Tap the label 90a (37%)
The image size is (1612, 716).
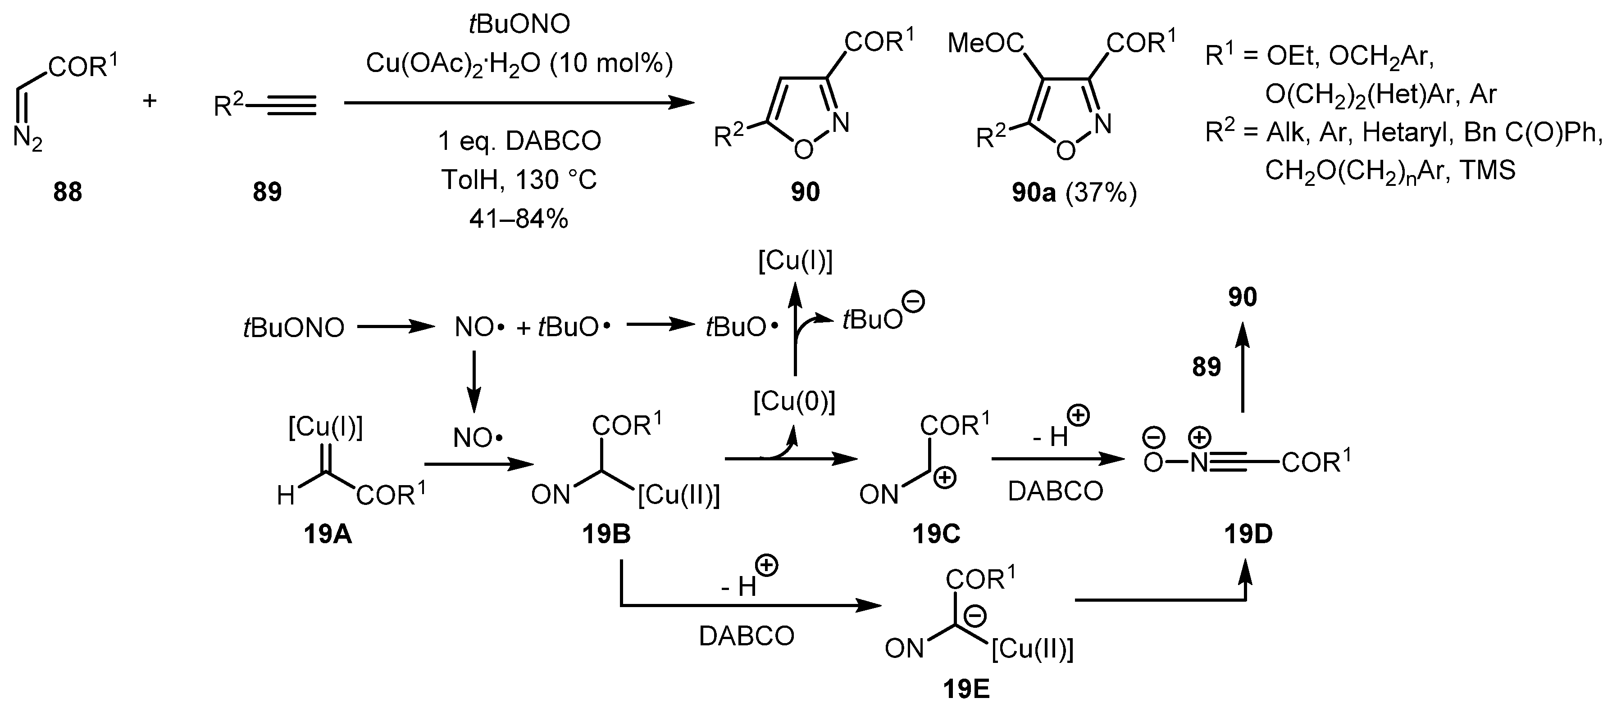point(1074,193)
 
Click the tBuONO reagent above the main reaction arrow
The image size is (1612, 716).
point(519,24)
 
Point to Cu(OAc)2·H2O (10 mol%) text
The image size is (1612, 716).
point(519,64)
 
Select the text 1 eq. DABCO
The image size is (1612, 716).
point(519,141)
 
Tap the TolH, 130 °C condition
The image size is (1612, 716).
point(519,180)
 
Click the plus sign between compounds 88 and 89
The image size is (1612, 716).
point(150,100)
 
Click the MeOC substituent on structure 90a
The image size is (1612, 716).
point(986,44)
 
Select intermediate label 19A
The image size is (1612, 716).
point(328,535)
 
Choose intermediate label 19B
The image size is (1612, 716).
point(606,535)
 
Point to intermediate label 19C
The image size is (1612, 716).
point(936,535)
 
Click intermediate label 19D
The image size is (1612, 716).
point(1248,535)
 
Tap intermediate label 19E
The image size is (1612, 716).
point(966,689)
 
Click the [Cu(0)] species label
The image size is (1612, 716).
point(794,402)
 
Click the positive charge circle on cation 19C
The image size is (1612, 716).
point(944,478)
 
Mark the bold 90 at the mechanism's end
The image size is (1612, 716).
point(1242,297)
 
